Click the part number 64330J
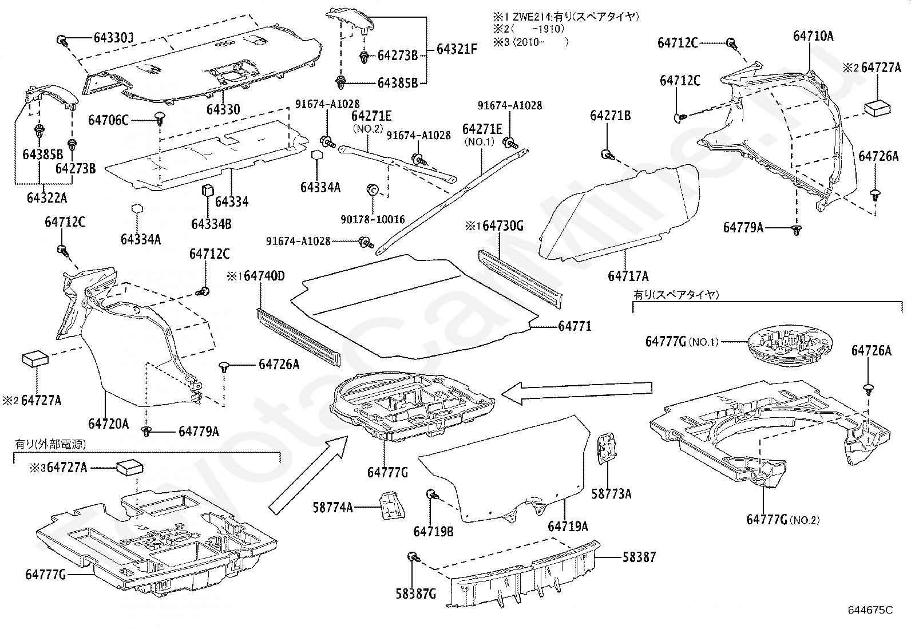click(x=113, y=38)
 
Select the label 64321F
click(x=457, y=49)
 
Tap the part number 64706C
click(x=108, y=120)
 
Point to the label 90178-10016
click(x=372, y=219)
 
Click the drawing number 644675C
click(x=870, y=610)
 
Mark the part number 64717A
click(x=628, y=276)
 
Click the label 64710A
click(x=813, y=36)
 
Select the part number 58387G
click(x=415, y=594)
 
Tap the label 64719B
click(x=433, y=532)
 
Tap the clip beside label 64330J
click(x=62, y=40)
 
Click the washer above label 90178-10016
click(x=371, y=190)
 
